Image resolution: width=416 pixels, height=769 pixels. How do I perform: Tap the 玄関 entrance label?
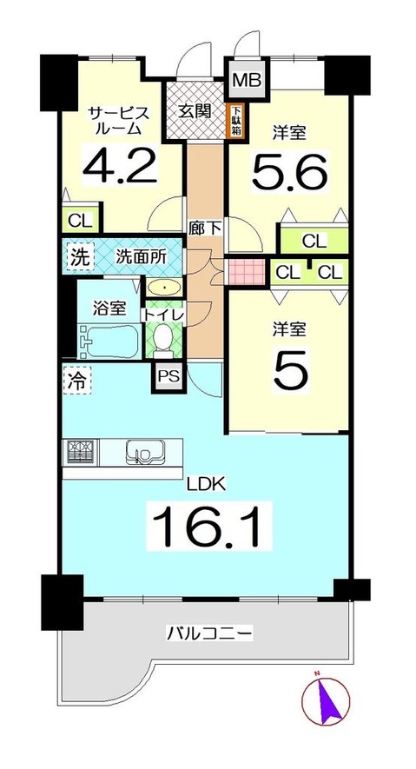coord(197,111)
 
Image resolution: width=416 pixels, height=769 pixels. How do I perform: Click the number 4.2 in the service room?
coord(120,164)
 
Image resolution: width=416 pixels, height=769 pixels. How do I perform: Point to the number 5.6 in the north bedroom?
coord(289,171)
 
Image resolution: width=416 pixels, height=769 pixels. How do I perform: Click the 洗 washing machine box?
coord(78,257)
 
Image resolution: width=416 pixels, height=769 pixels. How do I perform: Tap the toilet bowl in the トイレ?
coord(162,338)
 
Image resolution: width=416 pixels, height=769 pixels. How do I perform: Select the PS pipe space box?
coord(168,376)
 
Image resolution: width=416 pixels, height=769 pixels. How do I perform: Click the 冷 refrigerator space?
coord(76,379)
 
